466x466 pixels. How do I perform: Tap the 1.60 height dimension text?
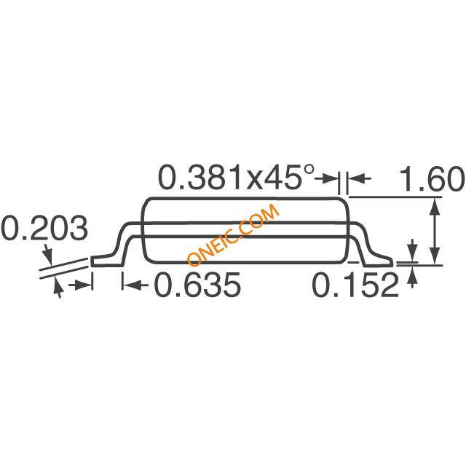pyautogui.click(x=433, y=179)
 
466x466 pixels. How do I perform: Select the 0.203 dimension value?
pyautogui.click(x=44, y=228)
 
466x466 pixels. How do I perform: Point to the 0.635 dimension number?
pyautogui.click(x=197, y=285)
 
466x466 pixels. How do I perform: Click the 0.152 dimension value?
pyautogui.click(x=355, y=285)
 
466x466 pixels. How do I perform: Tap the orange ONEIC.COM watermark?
pyautogui.click(x=233, y=234)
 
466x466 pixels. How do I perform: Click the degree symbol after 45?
pyautogui.click(x=309, y=170)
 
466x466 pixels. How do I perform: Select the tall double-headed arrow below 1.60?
pyautogui.click(x=435, y=232)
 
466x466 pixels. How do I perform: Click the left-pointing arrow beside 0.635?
pyautogui.click(x=136, y=285)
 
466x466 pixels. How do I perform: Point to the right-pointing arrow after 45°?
pyautogui.click(x=326, y=178)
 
